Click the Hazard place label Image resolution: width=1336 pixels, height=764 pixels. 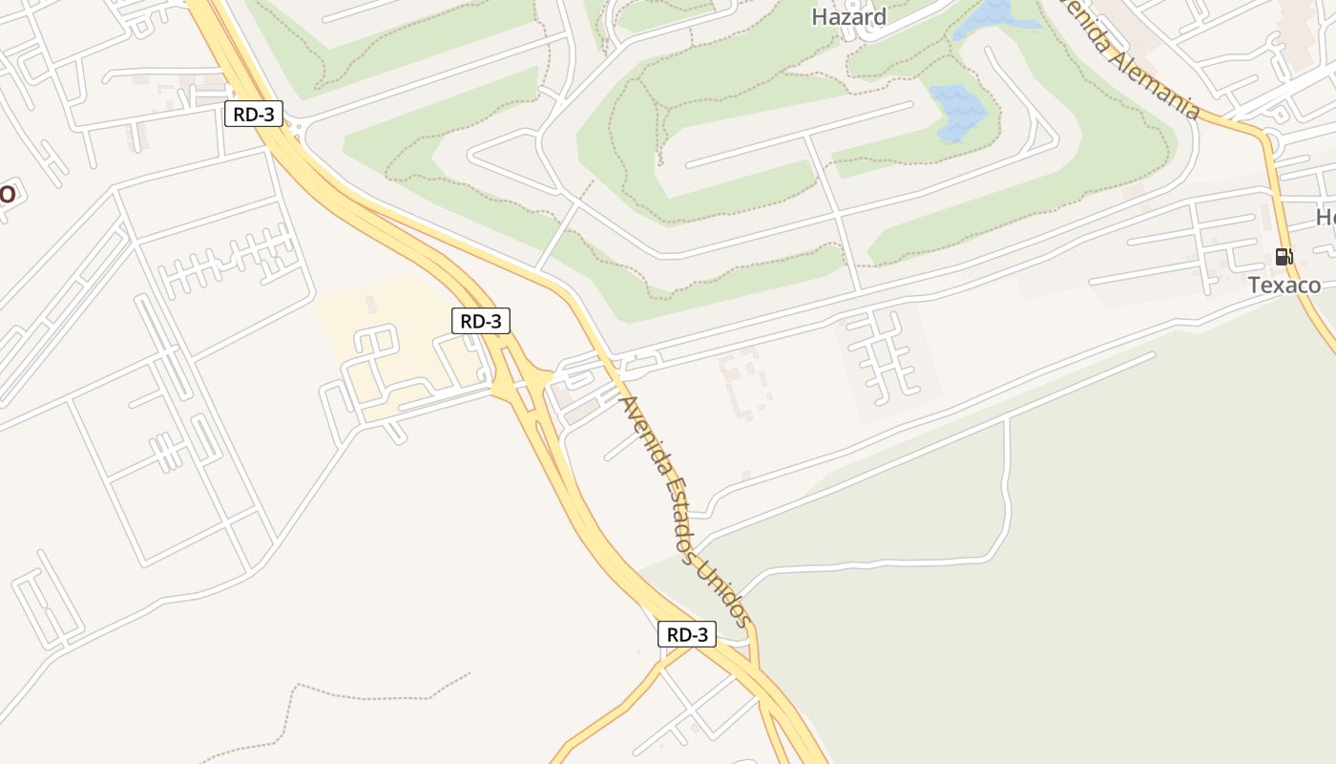848,16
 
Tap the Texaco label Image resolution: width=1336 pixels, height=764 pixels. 1284,285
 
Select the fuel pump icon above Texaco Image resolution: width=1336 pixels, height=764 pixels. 1284,256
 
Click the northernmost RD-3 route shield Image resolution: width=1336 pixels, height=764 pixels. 254,115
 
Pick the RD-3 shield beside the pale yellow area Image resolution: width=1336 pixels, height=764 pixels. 481,321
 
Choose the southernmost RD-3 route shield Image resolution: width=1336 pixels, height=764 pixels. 687,634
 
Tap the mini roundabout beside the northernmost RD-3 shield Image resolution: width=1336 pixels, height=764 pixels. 297,127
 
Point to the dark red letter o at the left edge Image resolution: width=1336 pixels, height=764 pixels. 6,192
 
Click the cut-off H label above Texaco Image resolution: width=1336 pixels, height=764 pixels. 1326,218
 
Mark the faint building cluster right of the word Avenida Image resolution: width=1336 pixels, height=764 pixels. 745,383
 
